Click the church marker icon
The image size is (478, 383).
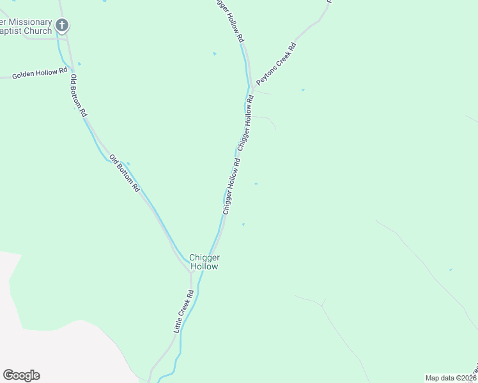[61, 26]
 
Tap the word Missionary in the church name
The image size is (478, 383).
[30, 22]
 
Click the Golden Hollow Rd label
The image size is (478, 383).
[40, 74]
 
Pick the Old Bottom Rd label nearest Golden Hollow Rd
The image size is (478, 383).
[79, 94]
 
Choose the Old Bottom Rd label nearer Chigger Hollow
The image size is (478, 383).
[124, 173]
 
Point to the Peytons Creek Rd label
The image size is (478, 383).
[277, 64]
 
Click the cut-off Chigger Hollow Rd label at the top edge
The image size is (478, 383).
[229, 20]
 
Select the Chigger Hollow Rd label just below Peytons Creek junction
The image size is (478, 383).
[245, 123]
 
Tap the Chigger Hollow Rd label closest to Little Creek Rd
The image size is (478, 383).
[231, 186]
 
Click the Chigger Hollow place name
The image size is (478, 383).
[204, 262]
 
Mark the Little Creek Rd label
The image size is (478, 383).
[183, 312]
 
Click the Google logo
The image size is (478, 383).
[21, 375]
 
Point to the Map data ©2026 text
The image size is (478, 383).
[451, 378]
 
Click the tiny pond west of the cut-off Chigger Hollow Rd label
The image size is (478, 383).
[215, 54]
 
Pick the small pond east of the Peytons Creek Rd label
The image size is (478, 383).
[303, 90]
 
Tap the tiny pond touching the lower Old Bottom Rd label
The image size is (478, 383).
[128, 163]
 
